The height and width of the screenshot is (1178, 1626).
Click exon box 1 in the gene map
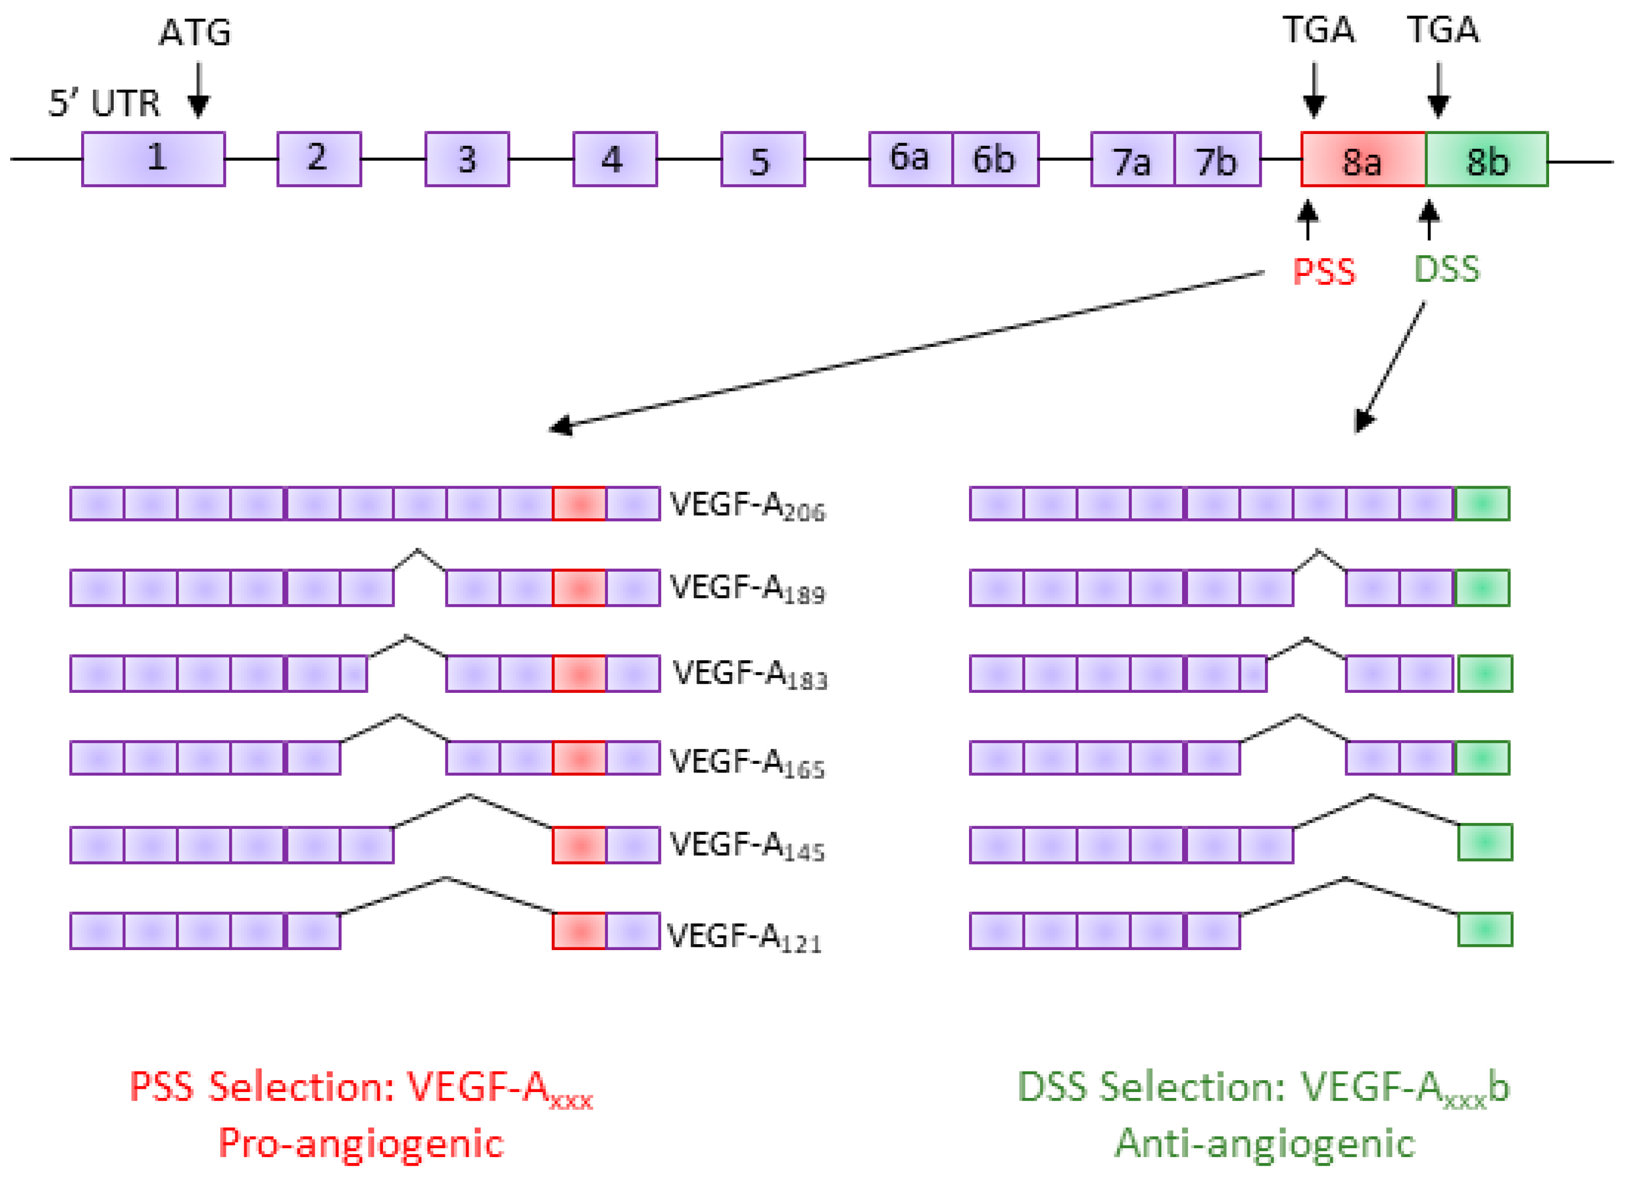pos(153,159)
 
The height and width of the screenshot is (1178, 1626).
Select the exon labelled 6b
pos(995,159)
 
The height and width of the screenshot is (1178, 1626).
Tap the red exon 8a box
pos(1363,160)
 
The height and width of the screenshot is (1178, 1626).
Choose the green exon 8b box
pos(1486,160)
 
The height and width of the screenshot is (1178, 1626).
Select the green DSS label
pos(1446,270)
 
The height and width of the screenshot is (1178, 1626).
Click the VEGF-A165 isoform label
pos(747,762)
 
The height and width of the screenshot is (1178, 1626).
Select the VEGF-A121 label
pos(744,937)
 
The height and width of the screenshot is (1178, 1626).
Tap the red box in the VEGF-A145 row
pos(579,845)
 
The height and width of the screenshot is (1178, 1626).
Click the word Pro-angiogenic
pos(361,1143)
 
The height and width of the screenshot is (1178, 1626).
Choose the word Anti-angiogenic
pos(1265,1143)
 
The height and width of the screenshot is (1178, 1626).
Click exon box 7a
pos(1132,160)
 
